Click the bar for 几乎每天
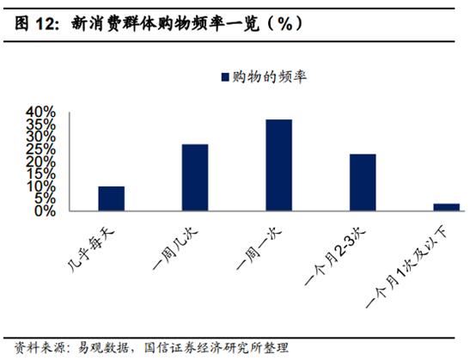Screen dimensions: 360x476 111,198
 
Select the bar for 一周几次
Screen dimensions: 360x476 195,177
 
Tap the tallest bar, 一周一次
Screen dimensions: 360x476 278,165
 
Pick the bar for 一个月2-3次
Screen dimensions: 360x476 363,182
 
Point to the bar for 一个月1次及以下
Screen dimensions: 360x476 446,207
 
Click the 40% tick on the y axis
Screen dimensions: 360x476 40,113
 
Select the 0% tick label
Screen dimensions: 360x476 45,211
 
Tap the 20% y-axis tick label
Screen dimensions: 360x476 40,162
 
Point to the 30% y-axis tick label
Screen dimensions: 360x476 40,137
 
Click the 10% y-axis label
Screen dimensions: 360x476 40,186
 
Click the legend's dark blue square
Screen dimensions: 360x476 226,78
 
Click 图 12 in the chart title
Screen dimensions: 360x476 35,24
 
